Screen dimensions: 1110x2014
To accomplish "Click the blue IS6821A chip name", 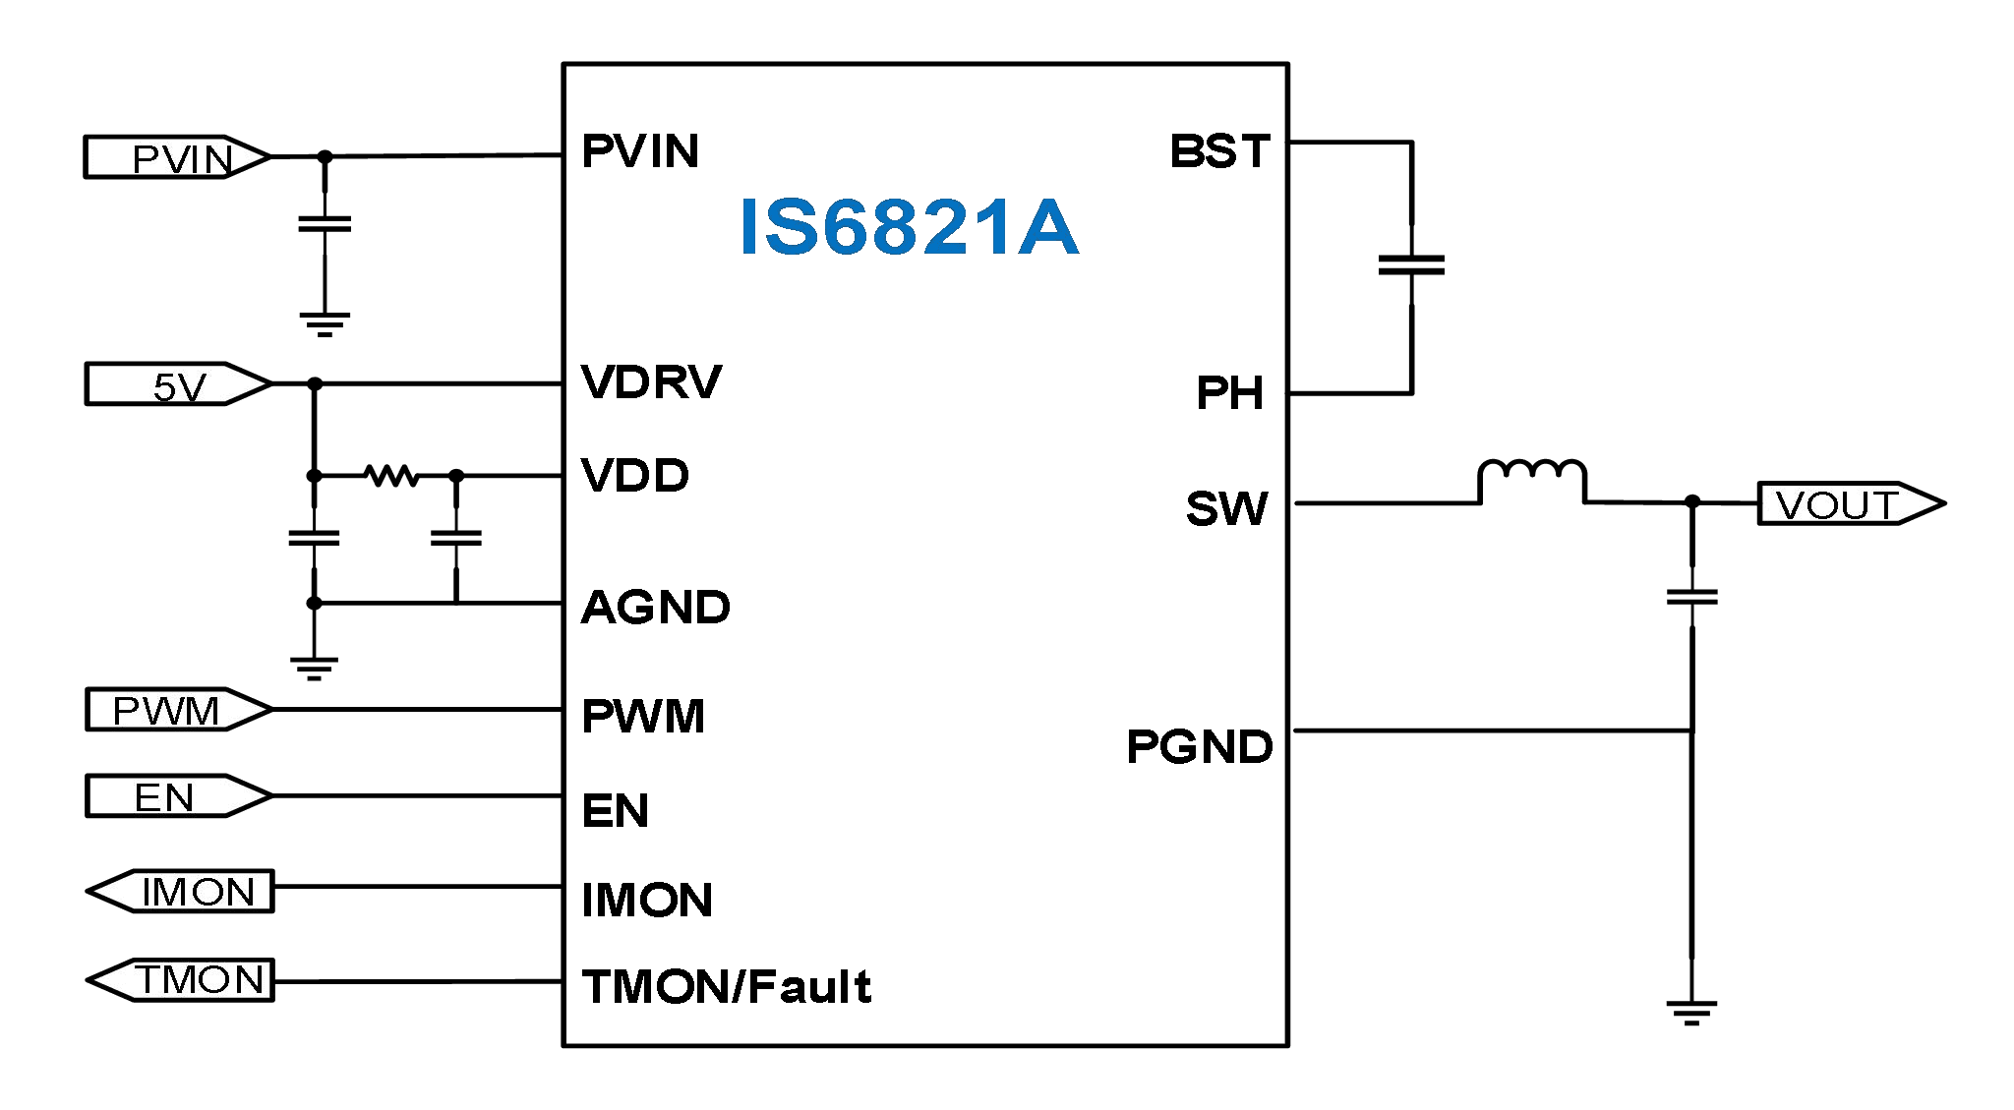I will click(909, 228).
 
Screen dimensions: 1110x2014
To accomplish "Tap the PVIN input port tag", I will click(177, 157).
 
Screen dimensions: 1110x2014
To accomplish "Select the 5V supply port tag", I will click(177, 384).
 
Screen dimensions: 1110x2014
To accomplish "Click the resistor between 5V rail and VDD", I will click(390, 476).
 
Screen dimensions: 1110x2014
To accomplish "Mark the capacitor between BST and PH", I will click(1411, 265).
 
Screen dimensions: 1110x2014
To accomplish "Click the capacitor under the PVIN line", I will click(325, 225).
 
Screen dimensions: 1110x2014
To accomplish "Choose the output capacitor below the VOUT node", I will click(1691, 596).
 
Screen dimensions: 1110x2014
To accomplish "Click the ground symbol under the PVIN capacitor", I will click(325, 323).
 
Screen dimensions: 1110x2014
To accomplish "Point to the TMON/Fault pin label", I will click(726, 987).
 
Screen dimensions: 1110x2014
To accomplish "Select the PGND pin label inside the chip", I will click(1199, 747).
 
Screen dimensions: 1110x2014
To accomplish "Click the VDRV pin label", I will click(651, 382).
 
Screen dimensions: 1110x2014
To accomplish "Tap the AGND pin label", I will click(655, 608).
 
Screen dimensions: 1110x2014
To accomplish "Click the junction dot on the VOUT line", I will click(1692, 502).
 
